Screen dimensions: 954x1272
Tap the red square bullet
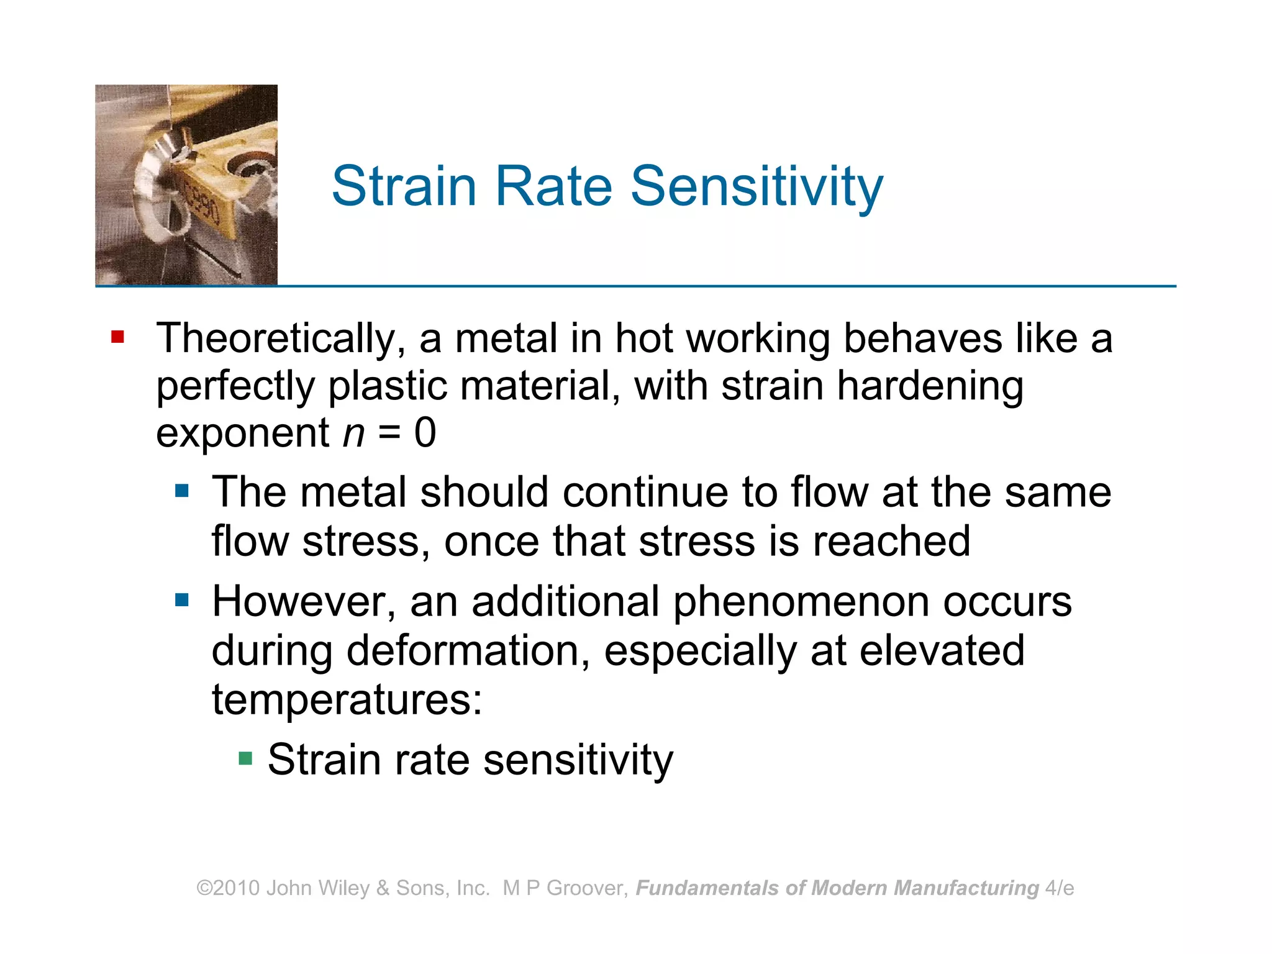[x=117, y=337]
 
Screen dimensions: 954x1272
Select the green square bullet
[x=245, y=758]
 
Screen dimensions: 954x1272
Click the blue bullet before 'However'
[x=181, y=600]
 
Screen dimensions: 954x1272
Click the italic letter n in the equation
[x=353, y=433]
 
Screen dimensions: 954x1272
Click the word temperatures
[x=347, y=699]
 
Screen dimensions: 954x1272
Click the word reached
[x=891, y=541]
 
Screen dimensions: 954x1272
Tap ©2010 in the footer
[x=228, y=888]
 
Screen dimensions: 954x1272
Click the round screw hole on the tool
[x=251, y=167]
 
